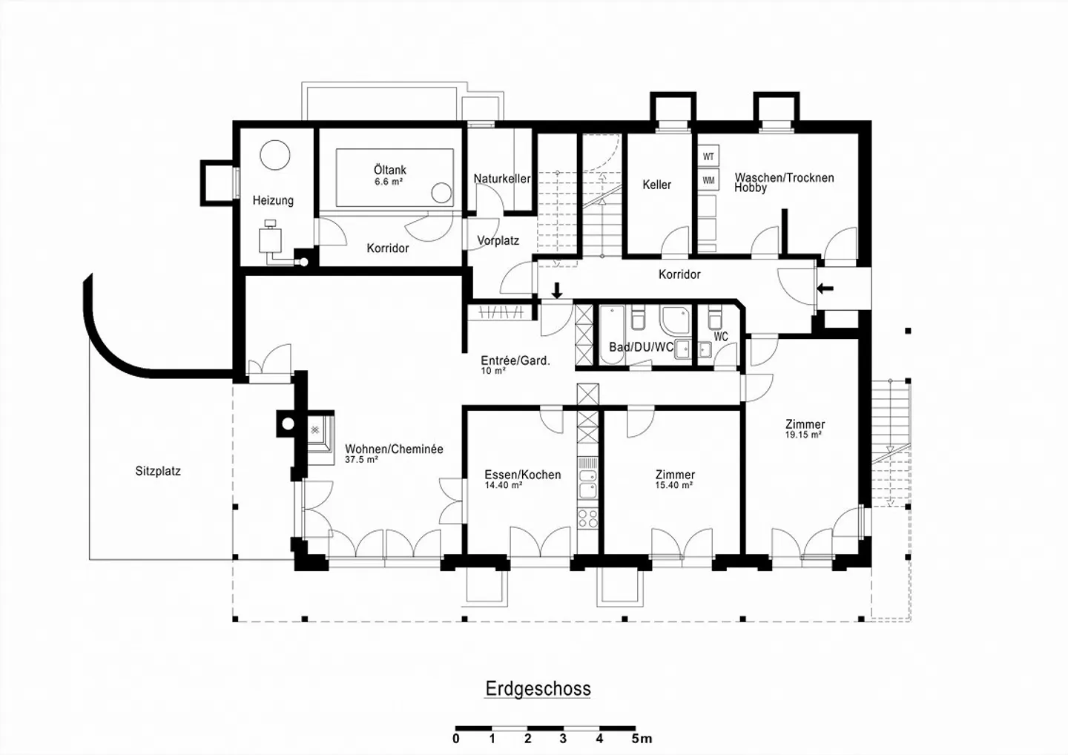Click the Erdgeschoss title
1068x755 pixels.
538,689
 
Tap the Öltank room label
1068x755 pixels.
390,170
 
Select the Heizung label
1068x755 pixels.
273,201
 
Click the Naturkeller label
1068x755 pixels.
501,179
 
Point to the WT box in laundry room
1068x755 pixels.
708,156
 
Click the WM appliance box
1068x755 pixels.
708,181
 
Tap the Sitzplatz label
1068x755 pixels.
158,472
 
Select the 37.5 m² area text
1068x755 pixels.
361,460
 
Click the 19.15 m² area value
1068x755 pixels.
803,435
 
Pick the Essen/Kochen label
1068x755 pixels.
523,475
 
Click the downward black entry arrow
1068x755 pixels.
556,290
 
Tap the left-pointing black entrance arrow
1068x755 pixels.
825,289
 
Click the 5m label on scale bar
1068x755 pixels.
642,739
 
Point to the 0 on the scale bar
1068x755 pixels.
456,739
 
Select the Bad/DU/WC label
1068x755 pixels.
642,347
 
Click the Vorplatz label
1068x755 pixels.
498,241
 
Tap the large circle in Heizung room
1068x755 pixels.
275,155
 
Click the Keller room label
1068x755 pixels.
656,185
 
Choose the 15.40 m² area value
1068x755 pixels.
673,485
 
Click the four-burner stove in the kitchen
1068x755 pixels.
587,518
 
